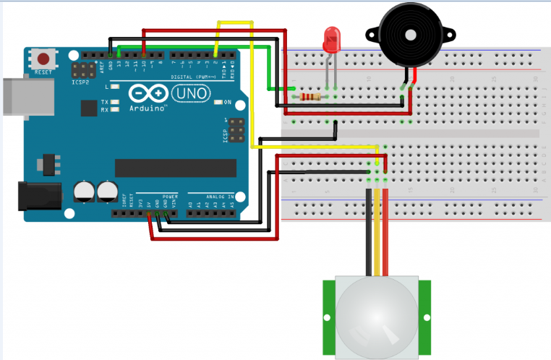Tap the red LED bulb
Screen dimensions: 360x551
[332, 39]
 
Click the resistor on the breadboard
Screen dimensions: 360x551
[312, 96]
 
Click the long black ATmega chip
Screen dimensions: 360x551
[175, 167]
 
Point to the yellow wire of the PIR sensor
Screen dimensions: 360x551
[377, 231]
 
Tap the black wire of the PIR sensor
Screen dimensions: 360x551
[369, 231]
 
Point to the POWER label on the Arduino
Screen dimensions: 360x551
[169, 196]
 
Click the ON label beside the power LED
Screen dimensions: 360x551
[227, 102]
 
